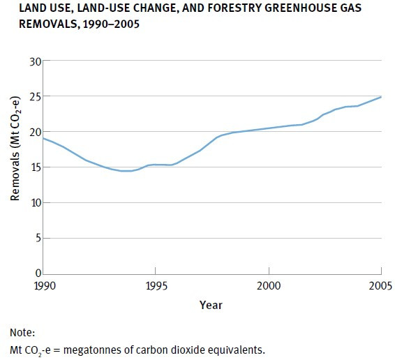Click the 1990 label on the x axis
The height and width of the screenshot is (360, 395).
click(43, 286)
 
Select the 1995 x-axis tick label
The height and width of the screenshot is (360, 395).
click(156, 286)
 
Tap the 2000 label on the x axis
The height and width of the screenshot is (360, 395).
click(269, 286)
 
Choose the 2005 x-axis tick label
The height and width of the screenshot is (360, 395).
click(381, 286)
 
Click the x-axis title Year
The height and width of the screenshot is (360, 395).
click(211, 305)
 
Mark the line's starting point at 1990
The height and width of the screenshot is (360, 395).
click(43, 138)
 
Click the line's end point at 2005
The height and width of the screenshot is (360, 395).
click(381, 97)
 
